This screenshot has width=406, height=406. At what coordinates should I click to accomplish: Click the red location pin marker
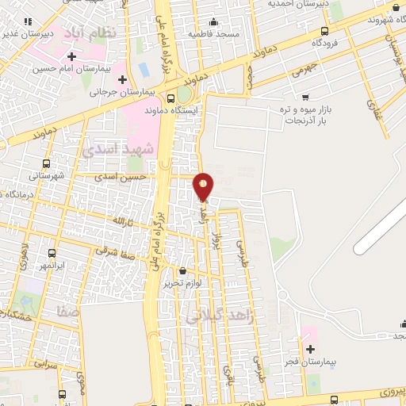(x=204, y=186)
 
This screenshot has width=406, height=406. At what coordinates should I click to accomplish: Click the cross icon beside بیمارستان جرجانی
(x=123, y=79)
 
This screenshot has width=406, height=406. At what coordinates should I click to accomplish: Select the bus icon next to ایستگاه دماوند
(x=172, y=98)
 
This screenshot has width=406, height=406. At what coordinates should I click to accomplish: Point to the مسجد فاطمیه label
(x=216, y=34)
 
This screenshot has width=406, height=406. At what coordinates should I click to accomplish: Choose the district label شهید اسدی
(x=109, y=148)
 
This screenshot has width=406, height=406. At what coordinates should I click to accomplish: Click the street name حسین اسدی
(x=121, y=178)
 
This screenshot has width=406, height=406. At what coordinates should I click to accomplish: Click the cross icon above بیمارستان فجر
(x=310, y=349)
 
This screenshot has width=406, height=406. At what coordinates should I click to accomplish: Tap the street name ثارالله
(x=119, y=218)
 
